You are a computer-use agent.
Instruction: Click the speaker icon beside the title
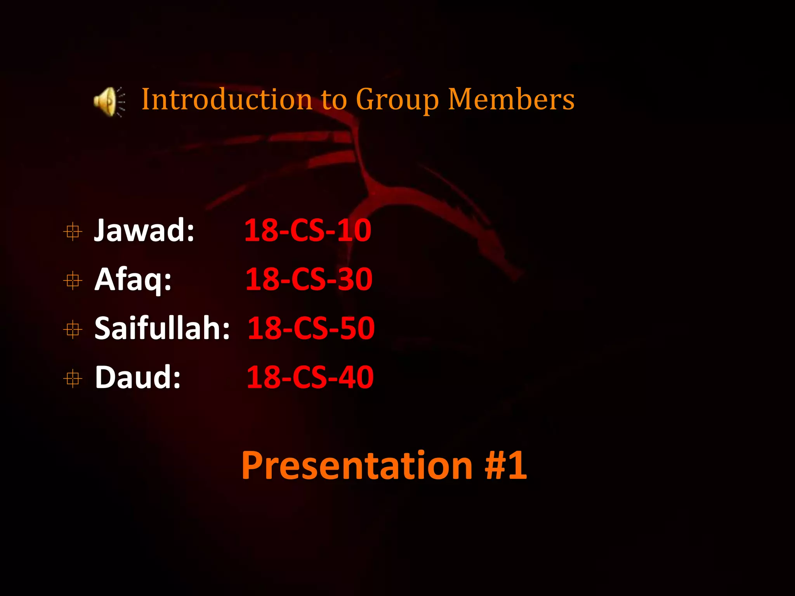point(109,101)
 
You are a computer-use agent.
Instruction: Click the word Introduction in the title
point(227,99)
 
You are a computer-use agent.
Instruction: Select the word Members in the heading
point(511,99)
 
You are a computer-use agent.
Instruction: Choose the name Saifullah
point(158,328)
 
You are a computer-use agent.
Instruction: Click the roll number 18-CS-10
point(308,230)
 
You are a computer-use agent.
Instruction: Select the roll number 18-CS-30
point(309,279)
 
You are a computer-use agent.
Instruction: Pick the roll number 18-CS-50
point(311,328)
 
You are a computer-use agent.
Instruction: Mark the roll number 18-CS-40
point(310,377)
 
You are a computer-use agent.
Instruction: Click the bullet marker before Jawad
point(73,232)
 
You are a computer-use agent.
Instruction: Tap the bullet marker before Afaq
point(73,281)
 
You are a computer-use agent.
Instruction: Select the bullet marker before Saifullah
point(73,329)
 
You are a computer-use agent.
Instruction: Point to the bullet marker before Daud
point(73,378)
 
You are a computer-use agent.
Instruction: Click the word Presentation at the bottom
point(357,466)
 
